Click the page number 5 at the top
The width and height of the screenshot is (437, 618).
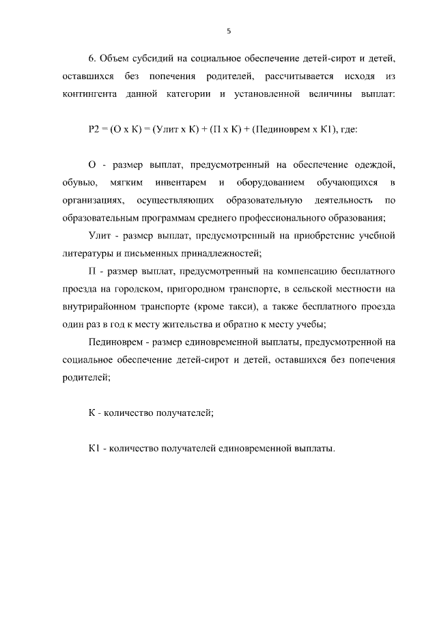click(229, 31)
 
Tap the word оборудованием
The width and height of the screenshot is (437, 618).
click(270, 183)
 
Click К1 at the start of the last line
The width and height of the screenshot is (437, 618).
click(94, 449)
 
